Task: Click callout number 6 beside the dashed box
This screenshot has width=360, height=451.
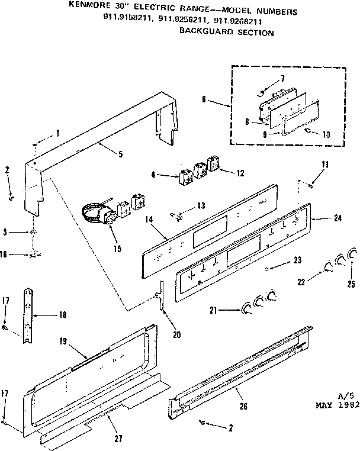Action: coord(204,99)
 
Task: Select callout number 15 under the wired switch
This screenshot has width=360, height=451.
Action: coord(118,248)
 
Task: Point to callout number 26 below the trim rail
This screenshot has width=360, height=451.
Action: coord(242,407)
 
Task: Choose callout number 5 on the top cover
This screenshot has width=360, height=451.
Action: coord(120,154)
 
